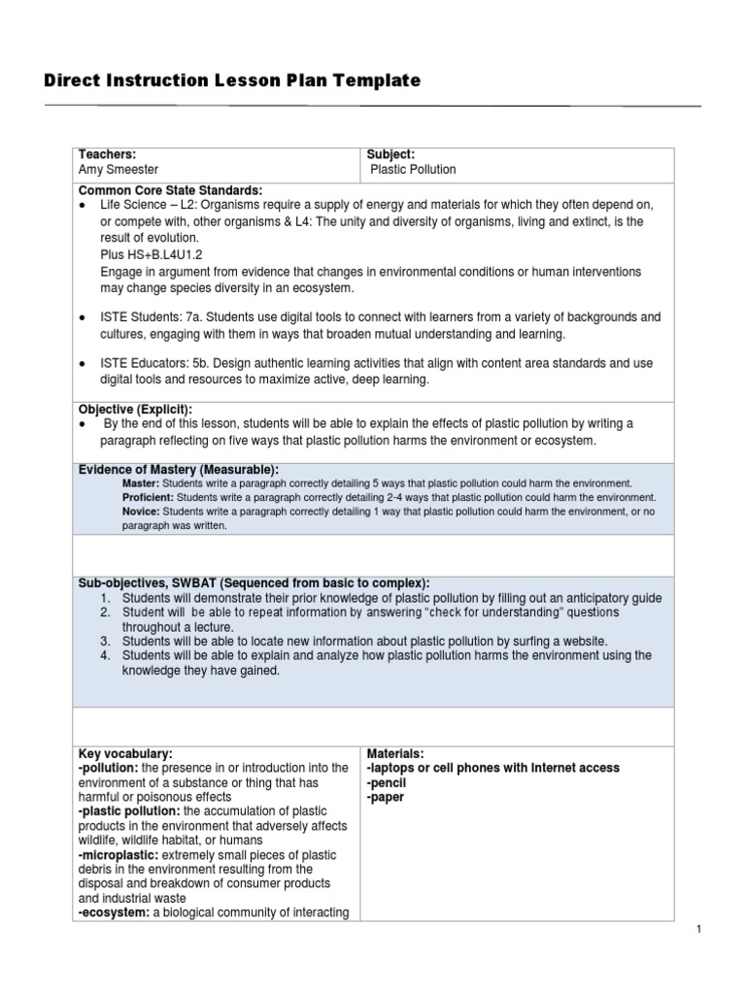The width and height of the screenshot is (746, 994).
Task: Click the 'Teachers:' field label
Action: pos(107,154)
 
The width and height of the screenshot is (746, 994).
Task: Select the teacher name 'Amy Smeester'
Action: pos(120,169)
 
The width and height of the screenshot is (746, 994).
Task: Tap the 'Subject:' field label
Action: pos(390,154)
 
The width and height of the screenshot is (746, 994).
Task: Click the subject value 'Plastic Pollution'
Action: pos(413,169)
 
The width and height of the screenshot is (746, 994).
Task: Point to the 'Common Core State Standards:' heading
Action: pos(171,190)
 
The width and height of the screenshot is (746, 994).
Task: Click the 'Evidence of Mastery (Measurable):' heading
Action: pos(178,470)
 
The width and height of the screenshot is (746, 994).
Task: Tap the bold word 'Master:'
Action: pos(141,482)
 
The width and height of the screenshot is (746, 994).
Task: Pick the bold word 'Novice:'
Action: pos(142,512)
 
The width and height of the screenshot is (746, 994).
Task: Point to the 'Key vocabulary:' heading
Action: pos(125,753)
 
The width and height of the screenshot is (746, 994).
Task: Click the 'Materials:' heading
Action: pos(395,753)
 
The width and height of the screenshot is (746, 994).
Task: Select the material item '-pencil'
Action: pos(386,782)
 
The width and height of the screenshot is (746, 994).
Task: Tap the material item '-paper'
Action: pos(385,797)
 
